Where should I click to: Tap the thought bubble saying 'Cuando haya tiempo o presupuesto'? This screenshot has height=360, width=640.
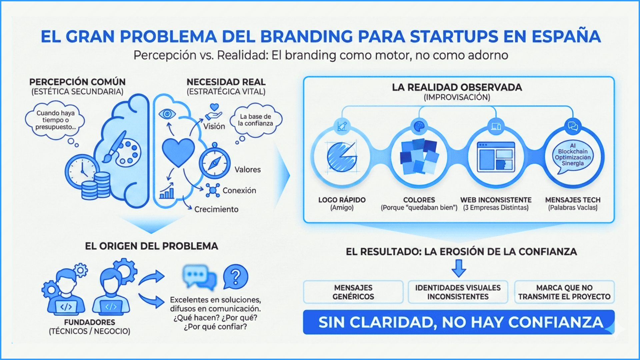tap(55, 120)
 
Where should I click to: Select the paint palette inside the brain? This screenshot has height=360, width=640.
tap(128, 152)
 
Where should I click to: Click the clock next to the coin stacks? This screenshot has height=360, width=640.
tap(82, 172)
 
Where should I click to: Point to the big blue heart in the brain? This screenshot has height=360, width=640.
tap(178, 152)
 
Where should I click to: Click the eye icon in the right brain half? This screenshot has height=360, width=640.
tap(167, 114)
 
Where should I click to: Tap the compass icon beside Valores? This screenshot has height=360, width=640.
tap(214, 163)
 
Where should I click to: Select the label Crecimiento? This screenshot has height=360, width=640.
tap(216, 209)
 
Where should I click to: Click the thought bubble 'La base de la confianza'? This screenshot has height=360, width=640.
tap(256, 120)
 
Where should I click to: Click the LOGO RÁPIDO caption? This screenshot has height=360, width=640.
tap(342, 200)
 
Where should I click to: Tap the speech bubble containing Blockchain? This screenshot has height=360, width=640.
tap(573, 155)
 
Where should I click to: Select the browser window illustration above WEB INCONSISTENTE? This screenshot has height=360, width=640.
tap(496, 157)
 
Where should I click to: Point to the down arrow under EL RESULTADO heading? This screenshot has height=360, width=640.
tap(459, 268)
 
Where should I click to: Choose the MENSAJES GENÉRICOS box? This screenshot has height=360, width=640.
tap(353, 292)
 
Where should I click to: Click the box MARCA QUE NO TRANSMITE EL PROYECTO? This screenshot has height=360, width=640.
tap(564, 292)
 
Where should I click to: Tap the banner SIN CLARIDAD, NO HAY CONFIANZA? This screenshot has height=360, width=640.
tap(459, 322)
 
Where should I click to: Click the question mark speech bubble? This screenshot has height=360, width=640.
tap(235, 277)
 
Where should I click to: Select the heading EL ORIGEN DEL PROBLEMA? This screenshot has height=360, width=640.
tap(151, 246)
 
